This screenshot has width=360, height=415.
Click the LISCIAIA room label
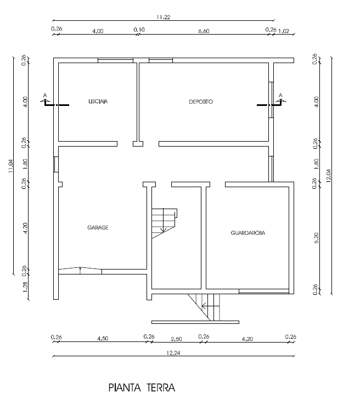coord(98,102)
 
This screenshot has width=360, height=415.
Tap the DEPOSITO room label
coord(201,102)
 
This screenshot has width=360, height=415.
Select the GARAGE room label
coord(98,227)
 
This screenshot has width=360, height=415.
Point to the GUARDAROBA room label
coord(248,233)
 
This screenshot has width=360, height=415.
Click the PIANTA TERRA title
coord(142,388)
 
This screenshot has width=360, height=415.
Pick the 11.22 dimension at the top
coord(163,17)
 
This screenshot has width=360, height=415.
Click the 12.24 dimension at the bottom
coord(173,353)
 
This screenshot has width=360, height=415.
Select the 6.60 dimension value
coord(204,31)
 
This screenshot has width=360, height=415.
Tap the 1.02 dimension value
coord(284,31)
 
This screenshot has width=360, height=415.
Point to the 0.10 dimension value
coord(139,30)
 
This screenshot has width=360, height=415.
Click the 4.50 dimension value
coord(103,339)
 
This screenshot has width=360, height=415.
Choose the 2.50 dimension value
coord(176,339)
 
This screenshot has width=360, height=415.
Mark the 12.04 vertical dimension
coord(329,176)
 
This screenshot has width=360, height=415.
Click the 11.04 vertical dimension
coord(10,166)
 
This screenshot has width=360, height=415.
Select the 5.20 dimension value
coord(316,238)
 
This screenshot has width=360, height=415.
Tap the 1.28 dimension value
coord(25,287)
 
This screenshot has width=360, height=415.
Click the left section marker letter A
coord(45,96)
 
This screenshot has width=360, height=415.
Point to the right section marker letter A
coord(280,96)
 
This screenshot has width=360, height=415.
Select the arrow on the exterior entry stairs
coord(211,306)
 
